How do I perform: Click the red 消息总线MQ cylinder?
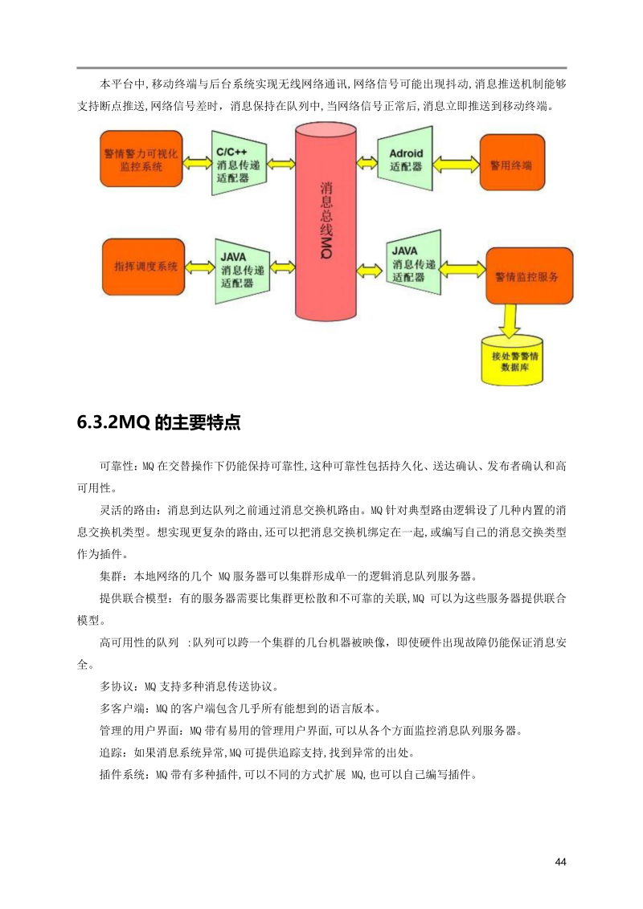pos(326,221)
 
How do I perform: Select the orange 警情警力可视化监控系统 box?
pos(141,161)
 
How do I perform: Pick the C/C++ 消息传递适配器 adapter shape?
pos(238,163)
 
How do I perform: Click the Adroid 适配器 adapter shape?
pos(405,160)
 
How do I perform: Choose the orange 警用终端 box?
pos(511,163)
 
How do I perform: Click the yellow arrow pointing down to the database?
pos(510,320)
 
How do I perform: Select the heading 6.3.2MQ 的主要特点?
pos(158,423)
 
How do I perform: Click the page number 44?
pos(560,862)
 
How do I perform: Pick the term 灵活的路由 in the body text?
pos(123,509)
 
